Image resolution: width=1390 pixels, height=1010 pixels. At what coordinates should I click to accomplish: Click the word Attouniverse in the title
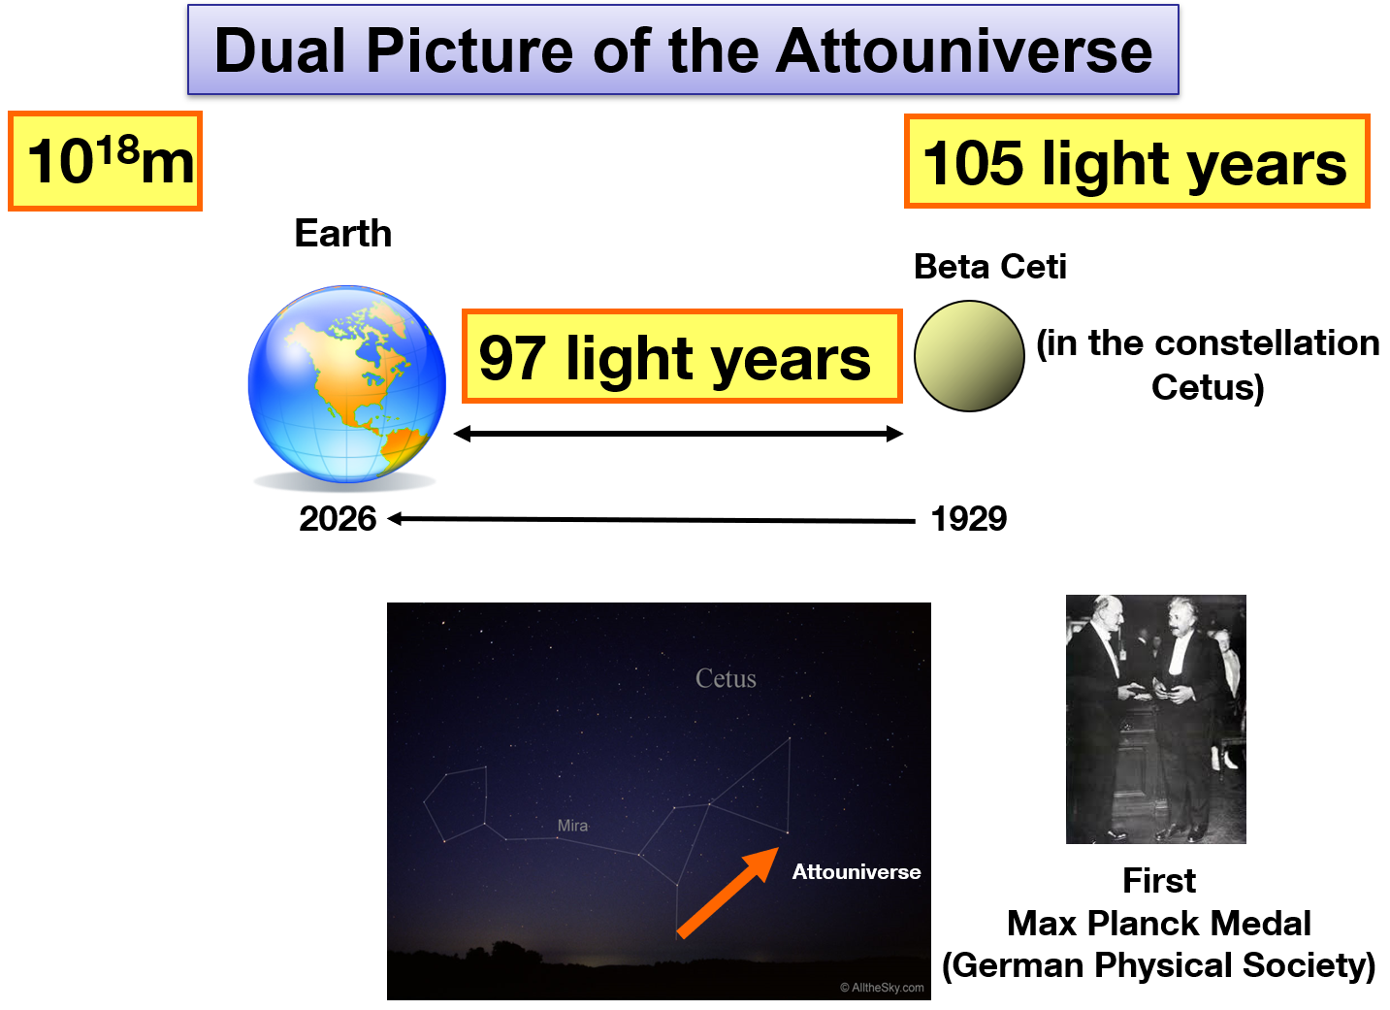[964, 50]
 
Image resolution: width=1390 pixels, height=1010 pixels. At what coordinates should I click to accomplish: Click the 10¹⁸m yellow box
[106, 161]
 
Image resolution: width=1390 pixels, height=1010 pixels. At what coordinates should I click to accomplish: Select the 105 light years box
[1137, 161]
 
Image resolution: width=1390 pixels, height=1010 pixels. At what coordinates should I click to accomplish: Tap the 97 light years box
[682, 356]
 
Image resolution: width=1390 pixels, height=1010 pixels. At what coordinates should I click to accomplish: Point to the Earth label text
[343, 234]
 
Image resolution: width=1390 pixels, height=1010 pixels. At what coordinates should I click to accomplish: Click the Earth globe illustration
[347, 384]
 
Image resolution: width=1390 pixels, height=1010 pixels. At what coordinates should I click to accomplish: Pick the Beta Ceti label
[990, 267]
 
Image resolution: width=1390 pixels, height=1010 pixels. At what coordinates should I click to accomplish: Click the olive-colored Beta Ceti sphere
[969, 356]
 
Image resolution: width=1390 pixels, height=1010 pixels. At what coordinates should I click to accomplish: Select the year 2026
[338, 518]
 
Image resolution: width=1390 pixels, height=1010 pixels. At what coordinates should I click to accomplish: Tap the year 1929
[969, 518]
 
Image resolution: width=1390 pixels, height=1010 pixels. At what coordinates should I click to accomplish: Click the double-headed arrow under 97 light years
[678, 434]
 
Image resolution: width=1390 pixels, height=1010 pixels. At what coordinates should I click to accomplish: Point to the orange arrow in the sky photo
[727, 894]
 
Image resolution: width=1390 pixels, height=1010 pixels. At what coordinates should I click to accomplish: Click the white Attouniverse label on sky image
[857, 871]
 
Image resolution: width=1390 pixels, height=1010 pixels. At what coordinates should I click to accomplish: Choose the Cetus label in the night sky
[726, 678]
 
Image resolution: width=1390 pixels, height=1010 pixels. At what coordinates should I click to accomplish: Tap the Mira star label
[572, 826]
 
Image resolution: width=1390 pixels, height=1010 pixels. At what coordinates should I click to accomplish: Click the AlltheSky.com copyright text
[882, 987]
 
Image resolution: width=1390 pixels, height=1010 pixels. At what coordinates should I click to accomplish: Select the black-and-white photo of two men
[1155, 719]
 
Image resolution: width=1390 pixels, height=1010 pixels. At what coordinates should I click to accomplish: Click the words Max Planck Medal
[1158, 923]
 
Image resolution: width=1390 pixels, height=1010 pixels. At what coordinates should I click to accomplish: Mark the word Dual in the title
[279, 50]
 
